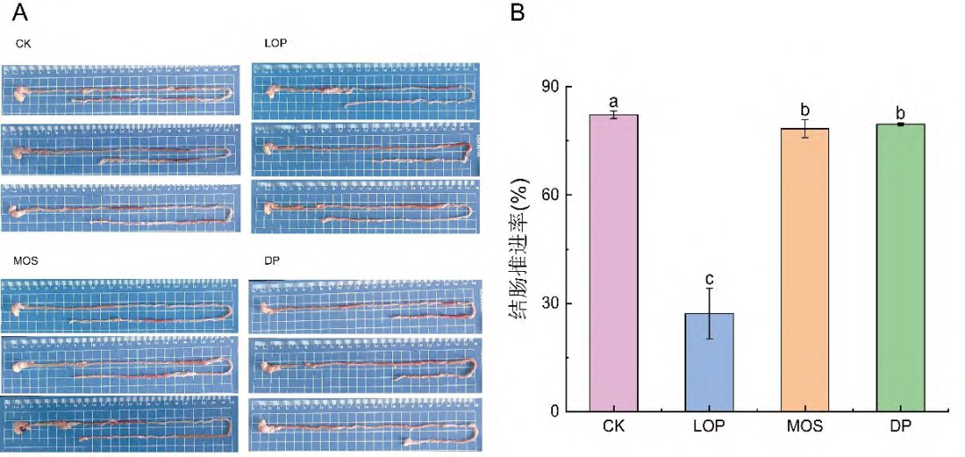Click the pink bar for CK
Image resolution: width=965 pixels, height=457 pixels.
(614, 263)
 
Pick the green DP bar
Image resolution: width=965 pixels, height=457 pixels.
(900, 267)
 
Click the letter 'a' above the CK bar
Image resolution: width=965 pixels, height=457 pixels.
(614, 102)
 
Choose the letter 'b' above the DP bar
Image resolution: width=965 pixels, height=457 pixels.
(900, 113)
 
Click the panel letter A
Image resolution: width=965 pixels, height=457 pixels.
(20, 14)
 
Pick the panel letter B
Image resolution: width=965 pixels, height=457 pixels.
(517, 14)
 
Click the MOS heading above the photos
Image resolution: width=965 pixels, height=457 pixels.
(26, 260)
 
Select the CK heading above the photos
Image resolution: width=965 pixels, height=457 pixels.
(23, 42)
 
